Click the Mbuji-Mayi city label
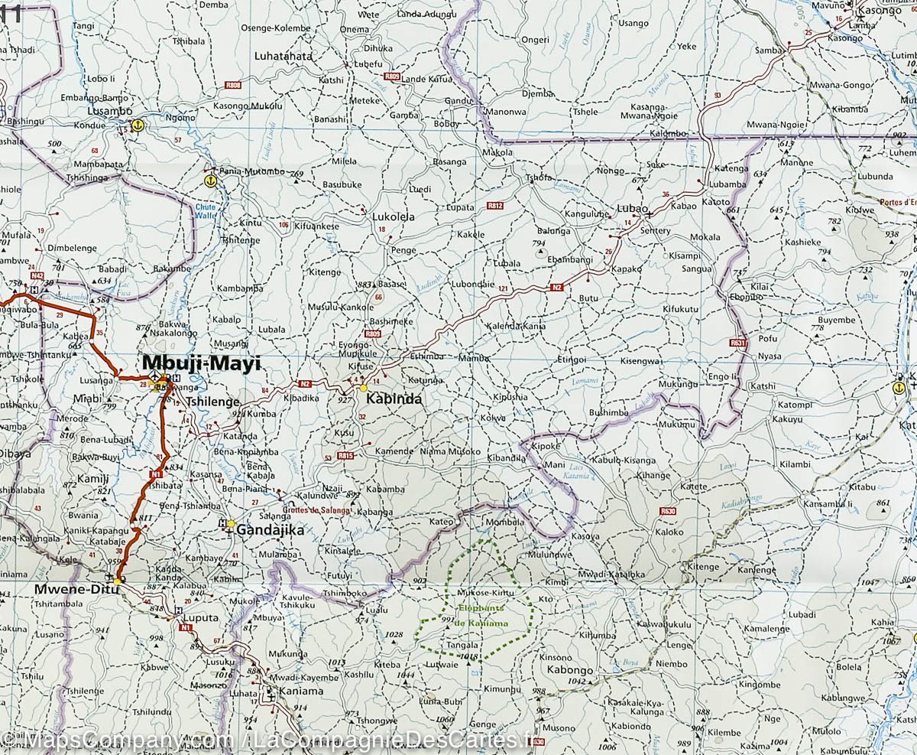[x=200, y=364]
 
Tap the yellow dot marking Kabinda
[x=364, y=388]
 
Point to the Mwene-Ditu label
[x=76, y=590]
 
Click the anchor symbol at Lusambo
[x=138, y=124]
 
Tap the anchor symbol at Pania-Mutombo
[x=209, y=181]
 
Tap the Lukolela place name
[x=393, y=217]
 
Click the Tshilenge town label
[x=214, y=401]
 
